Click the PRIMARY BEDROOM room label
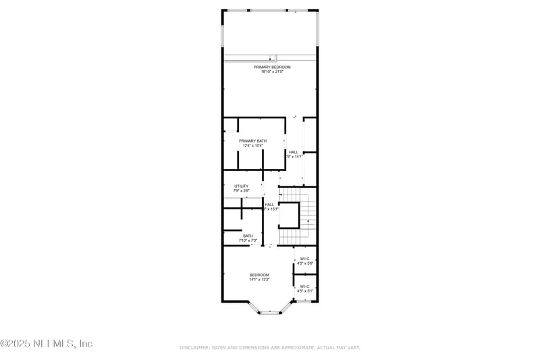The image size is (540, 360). [x=272, y=67]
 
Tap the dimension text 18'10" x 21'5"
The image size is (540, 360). [x=272, y=72]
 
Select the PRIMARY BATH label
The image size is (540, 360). [x=252, y=140]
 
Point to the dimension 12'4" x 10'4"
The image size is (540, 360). [x=252, y=145]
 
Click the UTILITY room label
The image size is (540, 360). [x=242, y=186]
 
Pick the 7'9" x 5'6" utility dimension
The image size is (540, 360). [x=242, y=191]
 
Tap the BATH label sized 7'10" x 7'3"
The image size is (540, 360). [x=248, y=236]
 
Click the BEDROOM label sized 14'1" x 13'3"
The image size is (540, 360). [x=259, y=275]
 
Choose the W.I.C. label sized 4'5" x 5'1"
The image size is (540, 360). [x=305, y=286]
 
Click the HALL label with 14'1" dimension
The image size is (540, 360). [x=294, y=152]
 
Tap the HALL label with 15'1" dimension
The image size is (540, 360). [x=269, y=204]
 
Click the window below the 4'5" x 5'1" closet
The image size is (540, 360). [x=304, y=301]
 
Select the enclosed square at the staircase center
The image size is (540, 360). [x=289, y=215]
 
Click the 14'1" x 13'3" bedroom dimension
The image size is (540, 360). [x=259, y=280]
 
